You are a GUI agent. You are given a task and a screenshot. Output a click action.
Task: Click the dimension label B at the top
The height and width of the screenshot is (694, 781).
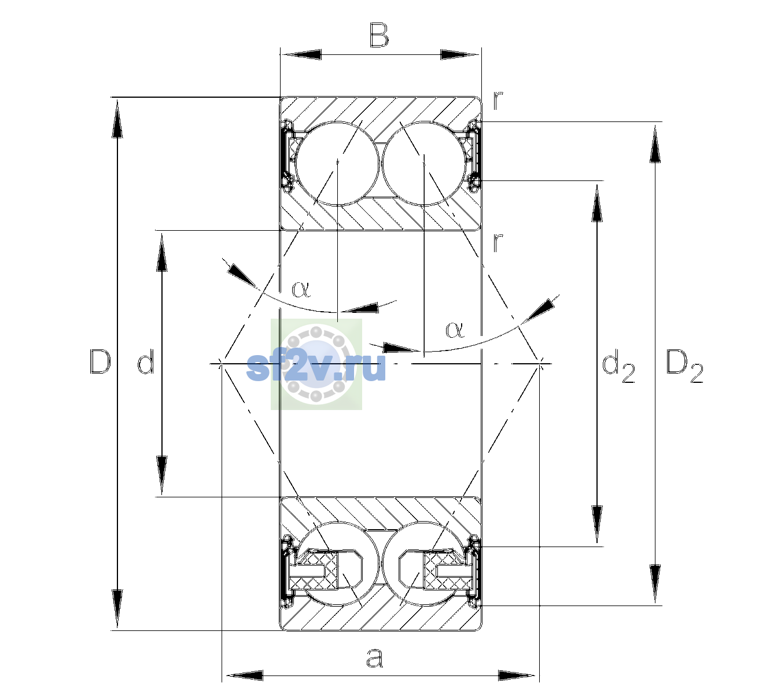(x=380, y=35)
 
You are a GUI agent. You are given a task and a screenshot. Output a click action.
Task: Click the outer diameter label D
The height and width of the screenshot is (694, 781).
(x=100, y=361)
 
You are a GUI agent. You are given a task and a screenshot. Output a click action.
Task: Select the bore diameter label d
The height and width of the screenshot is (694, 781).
(x=146, y=361)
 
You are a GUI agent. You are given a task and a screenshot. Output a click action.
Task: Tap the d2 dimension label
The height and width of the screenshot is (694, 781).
(x=618, y=366)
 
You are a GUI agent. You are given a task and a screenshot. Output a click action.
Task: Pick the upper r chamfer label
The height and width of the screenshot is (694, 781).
(x=498, y=100)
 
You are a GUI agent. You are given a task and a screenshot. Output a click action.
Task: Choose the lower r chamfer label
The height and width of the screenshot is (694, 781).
(x=498, y=242)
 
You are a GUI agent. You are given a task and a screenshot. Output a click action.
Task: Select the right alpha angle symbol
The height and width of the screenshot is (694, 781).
(x=455, y=330)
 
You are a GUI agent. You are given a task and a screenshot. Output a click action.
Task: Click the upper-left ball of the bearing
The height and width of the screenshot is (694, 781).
(x=338, y=164)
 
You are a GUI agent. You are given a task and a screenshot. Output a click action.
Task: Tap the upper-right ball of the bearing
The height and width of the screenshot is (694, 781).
(x=424, y=164)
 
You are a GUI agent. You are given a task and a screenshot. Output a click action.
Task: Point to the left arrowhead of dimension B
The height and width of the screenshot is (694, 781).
(x=301, y=55)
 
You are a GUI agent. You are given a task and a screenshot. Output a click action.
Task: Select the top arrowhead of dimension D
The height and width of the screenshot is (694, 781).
(x=117, y=117)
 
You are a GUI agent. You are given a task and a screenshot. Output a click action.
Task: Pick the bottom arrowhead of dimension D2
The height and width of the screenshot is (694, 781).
(x=655, y=584)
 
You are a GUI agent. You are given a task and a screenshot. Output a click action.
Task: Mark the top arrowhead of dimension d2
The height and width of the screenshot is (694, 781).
(x=597, y=202)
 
